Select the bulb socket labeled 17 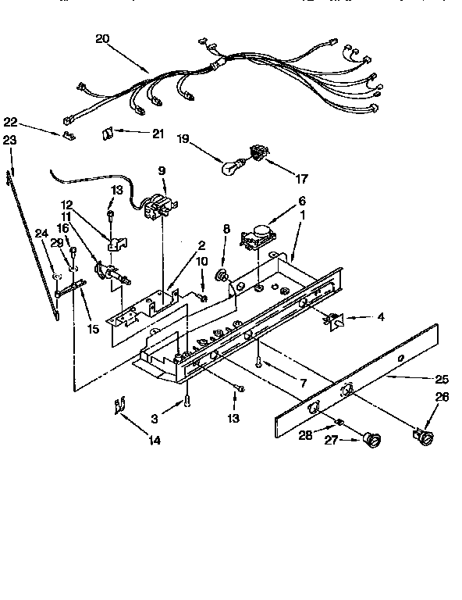tap(255, 153)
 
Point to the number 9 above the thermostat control tap(162, 170)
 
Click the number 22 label tap(10, 123)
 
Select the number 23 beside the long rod tap(9, 141)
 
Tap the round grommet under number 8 tap(222, 274)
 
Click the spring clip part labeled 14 tap(119, 406)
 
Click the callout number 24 tap(41, 231)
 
